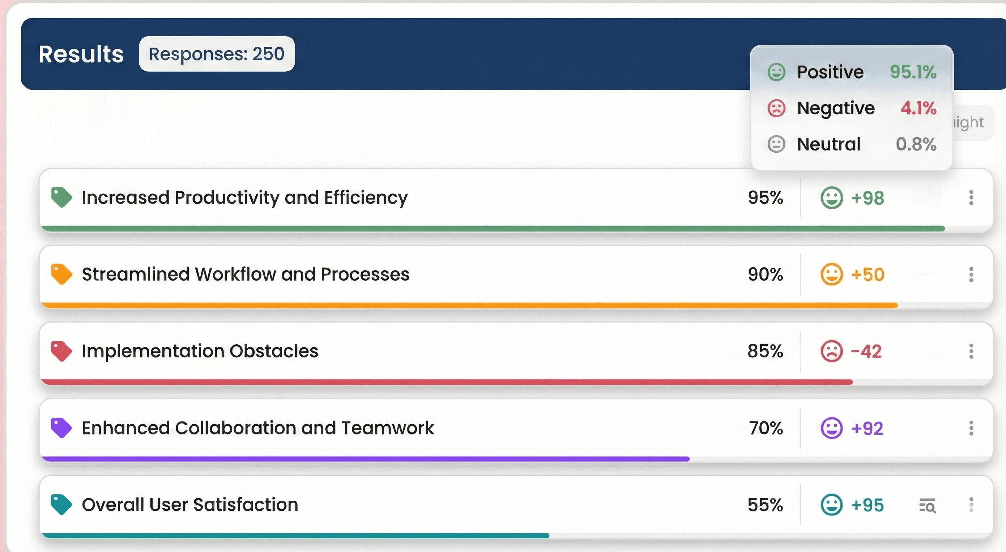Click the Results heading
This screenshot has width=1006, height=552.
coord(81,54)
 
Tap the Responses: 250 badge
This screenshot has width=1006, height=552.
coord(216,54)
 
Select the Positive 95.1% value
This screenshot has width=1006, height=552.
coord(913,72)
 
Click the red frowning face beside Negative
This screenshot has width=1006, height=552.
coord(776,108)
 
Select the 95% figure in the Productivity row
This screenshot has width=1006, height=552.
coord(765,197)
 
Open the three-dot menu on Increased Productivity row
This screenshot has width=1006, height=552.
coord(971,198)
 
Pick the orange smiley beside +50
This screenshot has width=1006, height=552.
coord(831,274)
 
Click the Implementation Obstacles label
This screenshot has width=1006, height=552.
coord(200,351)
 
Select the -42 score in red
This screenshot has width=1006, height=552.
coord(866,351)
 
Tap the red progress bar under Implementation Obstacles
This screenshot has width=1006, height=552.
coord(445,382)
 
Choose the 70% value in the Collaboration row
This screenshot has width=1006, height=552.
coord(766,428)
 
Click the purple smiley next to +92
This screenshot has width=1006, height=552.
coord(831,428)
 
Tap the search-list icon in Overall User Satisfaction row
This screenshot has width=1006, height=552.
coord(927,505)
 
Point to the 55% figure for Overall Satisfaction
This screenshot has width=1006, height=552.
coord(765,505)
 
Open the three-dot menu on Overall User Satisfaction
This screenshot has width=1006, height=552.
coord(971,505)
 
